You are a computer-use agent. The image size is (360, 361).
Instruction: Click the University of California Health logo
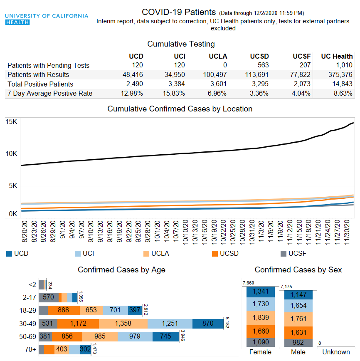point(46,19)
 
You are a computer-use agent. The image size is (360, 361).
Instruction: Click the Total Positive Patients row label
point(40,84)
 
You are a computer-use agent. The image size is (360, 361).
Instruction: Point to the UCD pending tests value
point(138,65)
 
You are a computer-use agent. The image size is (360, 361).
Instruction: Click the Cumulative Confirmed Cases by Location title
point(180,109)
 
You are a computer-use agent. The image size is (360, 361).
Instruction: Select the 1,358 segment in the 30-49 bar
point(123,324)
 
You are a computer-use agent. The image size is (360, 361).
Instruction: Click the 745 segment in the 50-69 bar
point(165,336)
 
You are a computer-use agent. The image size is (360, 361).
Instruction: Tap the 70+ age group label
point(30,349)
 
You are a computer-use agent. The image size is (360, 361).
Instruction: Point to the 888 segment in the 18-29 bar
point(63,310)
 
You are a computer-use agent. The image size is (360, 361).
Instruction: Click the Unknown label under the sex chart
point(336,352)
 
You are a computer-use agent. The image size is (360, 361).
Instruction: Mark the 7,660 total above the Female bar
point(248,283)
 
